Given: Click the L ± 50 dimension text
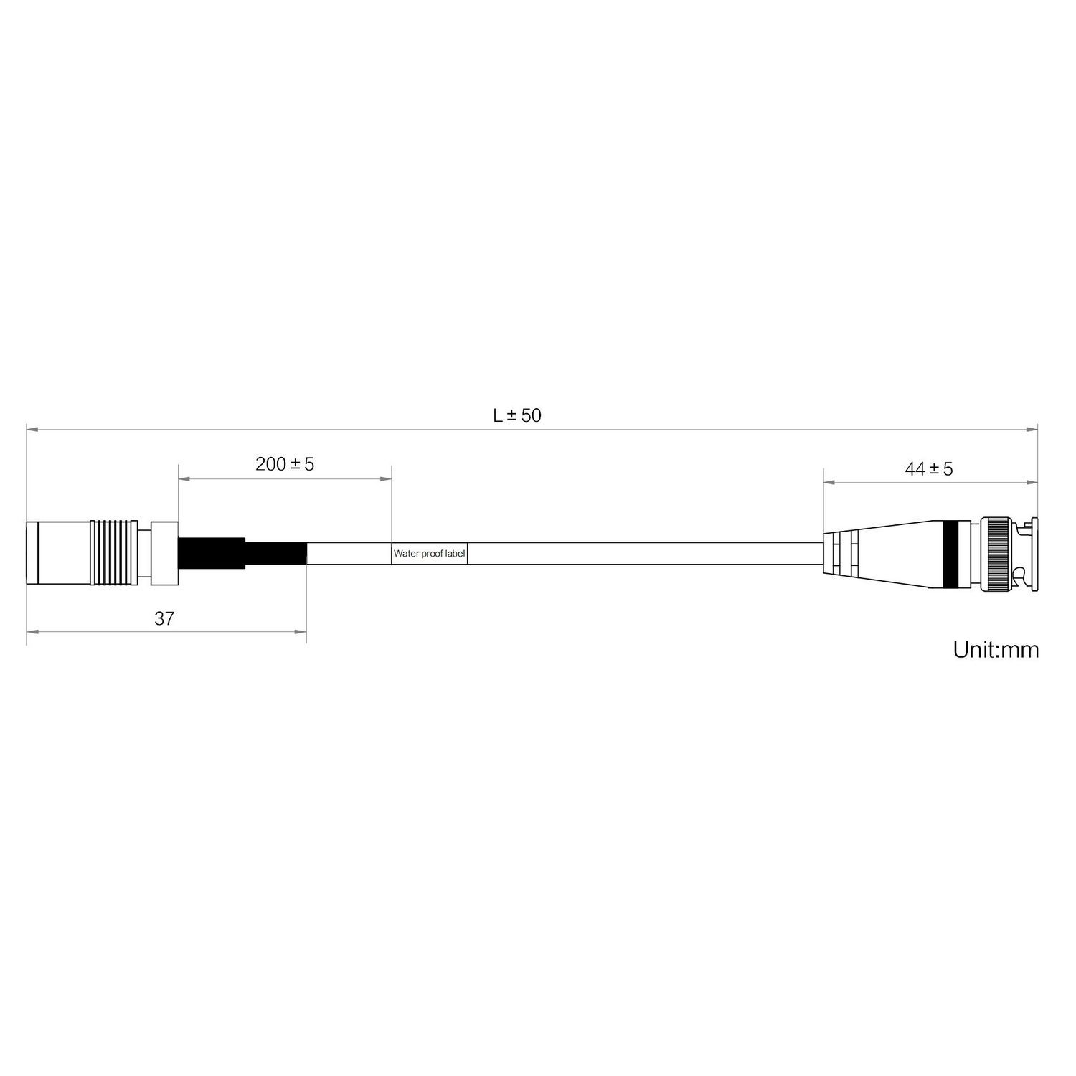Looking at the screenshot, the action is click(517, 415).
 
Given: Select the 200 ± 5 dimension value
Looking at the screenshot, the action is click(285, 464).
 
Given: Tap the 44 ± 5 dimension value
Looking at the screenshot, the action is click(929, 469).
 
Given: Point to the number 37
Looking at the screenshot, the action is click(164, 618).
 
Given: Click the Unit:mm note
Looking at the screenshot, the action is click(996, 650).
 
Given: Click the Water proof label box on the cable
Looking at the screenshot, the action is click(430, 554).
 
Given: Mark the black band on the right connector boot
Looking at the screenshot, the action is click(951, 554).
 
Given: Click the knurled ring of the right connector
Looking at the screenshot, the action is click(997, 554).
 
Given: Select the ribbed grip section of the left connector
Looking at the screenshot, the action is click(113, 554).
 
